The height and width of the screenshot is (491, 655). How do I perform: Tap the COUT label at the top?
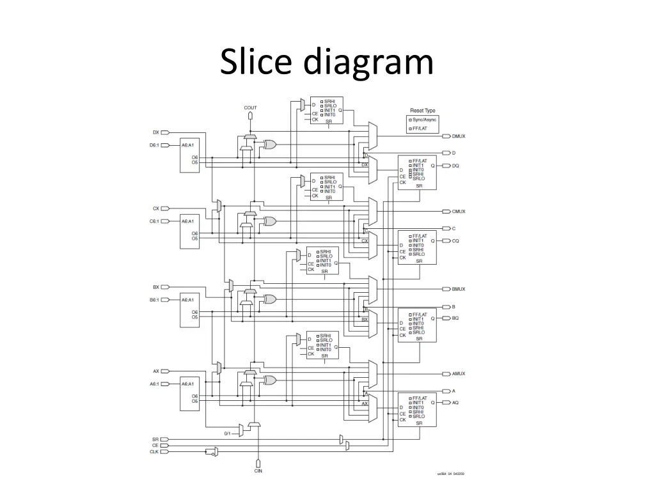click(251, 107)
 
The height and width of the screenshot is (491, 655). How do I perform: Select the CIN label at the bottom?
click(258, 471)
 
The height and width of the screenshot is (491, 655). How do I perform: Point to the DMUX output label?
click(459, 136)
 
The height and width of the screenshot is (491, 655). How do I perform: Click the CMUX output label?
click(459, 212)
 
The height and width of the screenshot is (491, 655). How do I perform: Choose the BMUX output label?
click(459, 289)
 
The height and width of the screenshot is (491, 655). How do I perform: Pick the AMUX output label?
click(459, 374)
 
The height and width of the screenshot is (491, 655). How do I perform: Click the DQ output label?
click(455, 166)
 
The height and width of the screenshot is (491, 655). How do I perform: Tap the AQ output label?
click(455, 403)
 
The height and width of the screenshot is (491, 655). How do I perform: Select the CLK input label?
click(154, 451)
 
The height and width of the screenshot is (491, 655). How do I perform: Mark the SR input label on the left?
click(155, 439)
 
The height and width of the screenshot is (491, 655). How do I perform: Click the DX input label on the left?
click(155, 132)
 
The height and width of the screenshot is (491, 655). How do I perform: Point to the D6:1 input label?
click(154, 145)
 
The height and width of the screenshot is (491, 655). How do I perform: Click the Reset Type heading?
click(423, 111)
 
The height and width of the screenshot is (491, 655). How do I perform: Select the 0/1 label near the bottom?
click(227, 433)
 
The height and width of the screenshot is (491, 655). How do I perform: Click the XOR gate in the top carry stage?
click(270, 144)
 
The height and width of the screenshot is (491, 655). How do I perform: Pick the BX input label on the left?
click(155, 287)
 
